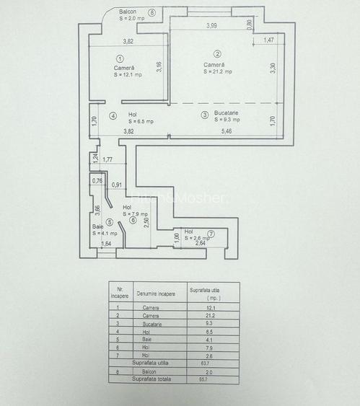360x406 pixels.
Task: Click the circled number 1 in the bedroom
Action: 120,59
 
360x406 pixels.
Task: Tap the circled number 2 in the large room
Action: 216,53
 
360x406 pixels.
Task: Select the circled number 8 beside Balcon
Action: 152,13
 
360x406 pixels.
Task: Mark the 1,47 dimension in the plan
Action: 268,40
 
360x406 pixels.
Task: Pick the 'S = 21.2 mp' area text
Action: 218,71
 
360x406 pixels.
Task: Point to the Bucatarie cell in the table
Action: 151,325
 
